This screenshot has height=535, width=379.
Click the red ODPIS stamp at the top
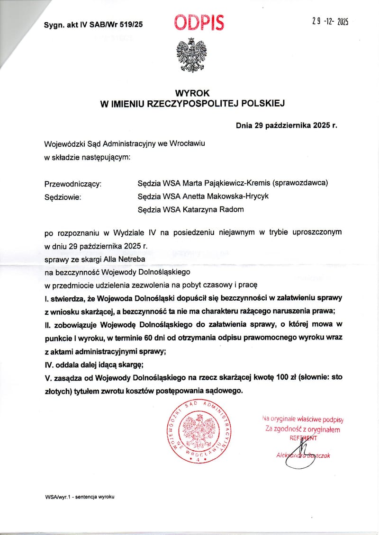(199, 22)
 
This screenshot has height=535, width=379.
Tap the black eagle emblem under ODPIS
(191, 55)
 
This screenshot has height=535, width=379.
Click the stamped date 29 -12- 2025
(330, 22)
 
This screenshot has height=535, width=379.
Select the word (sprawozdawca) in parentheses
(301, 183)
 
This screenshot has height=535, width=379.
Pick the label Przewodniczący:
(72, 184)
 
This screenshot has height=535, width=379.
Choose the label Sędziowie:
(63, 196)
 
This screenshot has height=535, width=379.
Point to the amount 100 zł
(268, 377)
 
